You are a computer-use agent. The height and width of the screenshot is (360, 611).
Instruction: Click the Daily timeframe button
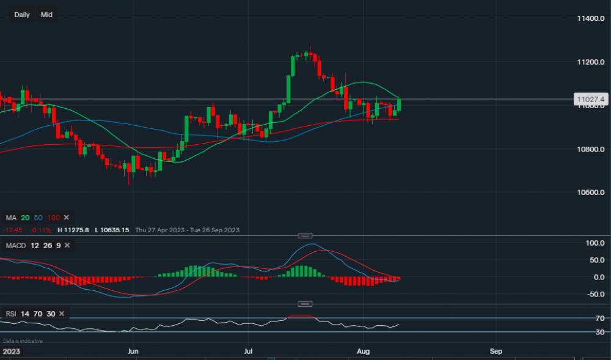click(22, 15)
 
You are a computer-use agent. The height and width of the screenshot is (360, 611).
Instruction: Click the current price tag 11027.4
click(590, 99)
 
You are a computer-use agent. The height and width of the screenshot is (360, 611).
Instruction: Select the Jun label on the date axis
click(133, 352)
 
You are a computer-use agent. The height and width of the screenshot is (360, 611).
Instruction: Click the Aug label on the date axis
click(364, 352)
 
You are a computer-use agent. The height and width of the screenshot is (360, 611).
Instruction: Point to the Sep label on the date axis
click(496, 352)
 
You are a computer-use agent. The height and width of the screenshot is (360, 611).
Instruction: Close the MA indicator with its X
click(67, 218)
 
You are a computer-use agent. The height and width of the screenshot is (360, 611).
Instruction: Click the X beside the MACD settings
click(67, 246)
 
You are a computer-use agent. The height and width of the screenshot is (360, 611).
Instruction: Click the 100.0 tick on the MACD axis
click(591, 243)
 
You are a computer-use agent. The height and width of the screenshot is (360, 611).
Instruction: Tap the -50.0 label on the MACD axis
click(591, 295)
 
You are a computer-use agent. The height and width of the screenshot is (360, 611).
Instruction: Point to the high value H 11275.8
click(73, 230)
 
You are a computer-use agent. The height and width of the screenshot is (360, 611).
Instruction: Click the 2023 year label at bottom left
click(11, 352)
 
